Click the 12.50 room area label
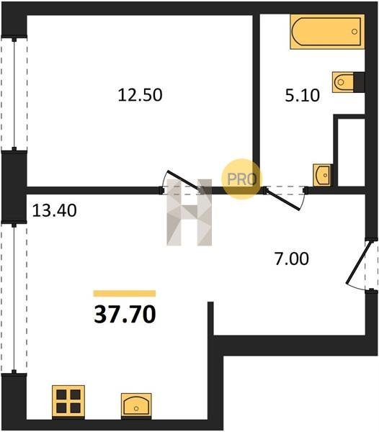pos(140,95)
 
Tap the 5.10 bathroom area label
pos(302,96)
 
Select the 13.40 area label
pos(54,211)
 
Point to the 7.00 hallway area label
pos(292,259)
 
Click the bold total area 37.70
pos(125,315)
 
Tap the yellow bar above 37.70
pos(125,294)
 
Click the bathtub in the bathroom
pos(327,32)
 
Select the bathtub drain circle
pos(355,32)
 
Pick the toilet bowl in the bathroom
pos(343,82)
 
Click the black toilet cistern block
pos(359,82)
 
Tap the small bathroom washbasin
pos(322,175)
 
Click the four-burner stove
pos(68,402)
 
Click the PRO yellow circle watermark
pos(241,179)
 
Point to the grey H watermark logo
pos(189,212)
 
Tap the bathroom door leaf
pos(282,199)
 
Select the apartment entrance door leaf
pos(357,262)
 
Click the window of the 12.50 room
pos(14,94)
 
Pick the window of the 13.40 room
pos(14,298)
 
